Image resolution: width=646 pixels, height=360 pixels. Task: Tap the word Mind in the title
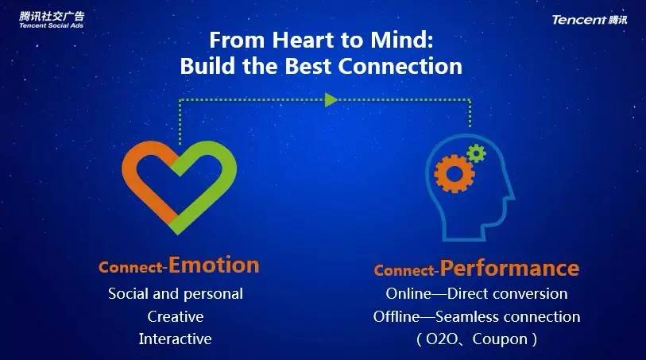(399, 41)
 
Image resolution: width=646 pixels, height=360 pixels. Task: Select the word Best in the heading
(308, 66)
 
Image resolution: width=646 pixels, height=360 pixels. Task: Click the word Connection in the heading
(400, 66)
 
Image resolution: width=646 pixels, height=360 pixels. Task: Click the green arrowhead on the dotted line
(331, 99)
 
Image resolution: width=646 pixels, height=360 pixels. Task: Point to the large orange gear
(454, 173)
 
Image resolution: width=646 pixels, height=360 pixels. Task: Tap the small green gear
(476, 153)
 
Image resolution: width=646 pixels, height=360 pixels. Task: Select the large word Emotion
(214, 265)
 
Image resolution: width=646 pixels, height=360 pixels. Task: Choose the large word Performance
(509, 269)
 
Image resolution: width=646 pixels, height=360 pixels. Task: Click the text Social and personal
(176, 294)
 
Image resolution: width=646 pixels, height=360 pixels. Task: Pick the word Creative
(176, 317)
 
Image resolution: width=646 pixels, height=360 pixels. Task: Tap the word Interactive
(175, 339)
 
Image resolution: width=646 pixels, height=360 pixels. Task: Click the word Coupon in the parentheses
(500, 339)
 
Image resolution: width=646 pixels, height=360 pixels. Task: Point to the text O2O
(442, 339)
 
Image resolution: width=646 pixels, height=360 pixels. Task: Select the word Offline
(396, 317)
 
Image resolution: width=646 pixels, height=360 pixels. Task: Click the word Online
(408, 294)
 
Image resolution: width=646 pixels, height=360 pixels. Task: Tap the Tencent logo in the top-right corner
(590, 20)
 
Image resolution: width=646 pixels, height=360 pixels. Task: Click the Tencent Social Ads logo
(52, 20)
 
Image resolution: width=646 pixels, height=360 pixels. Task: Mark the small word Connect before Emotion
(131, 268)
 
